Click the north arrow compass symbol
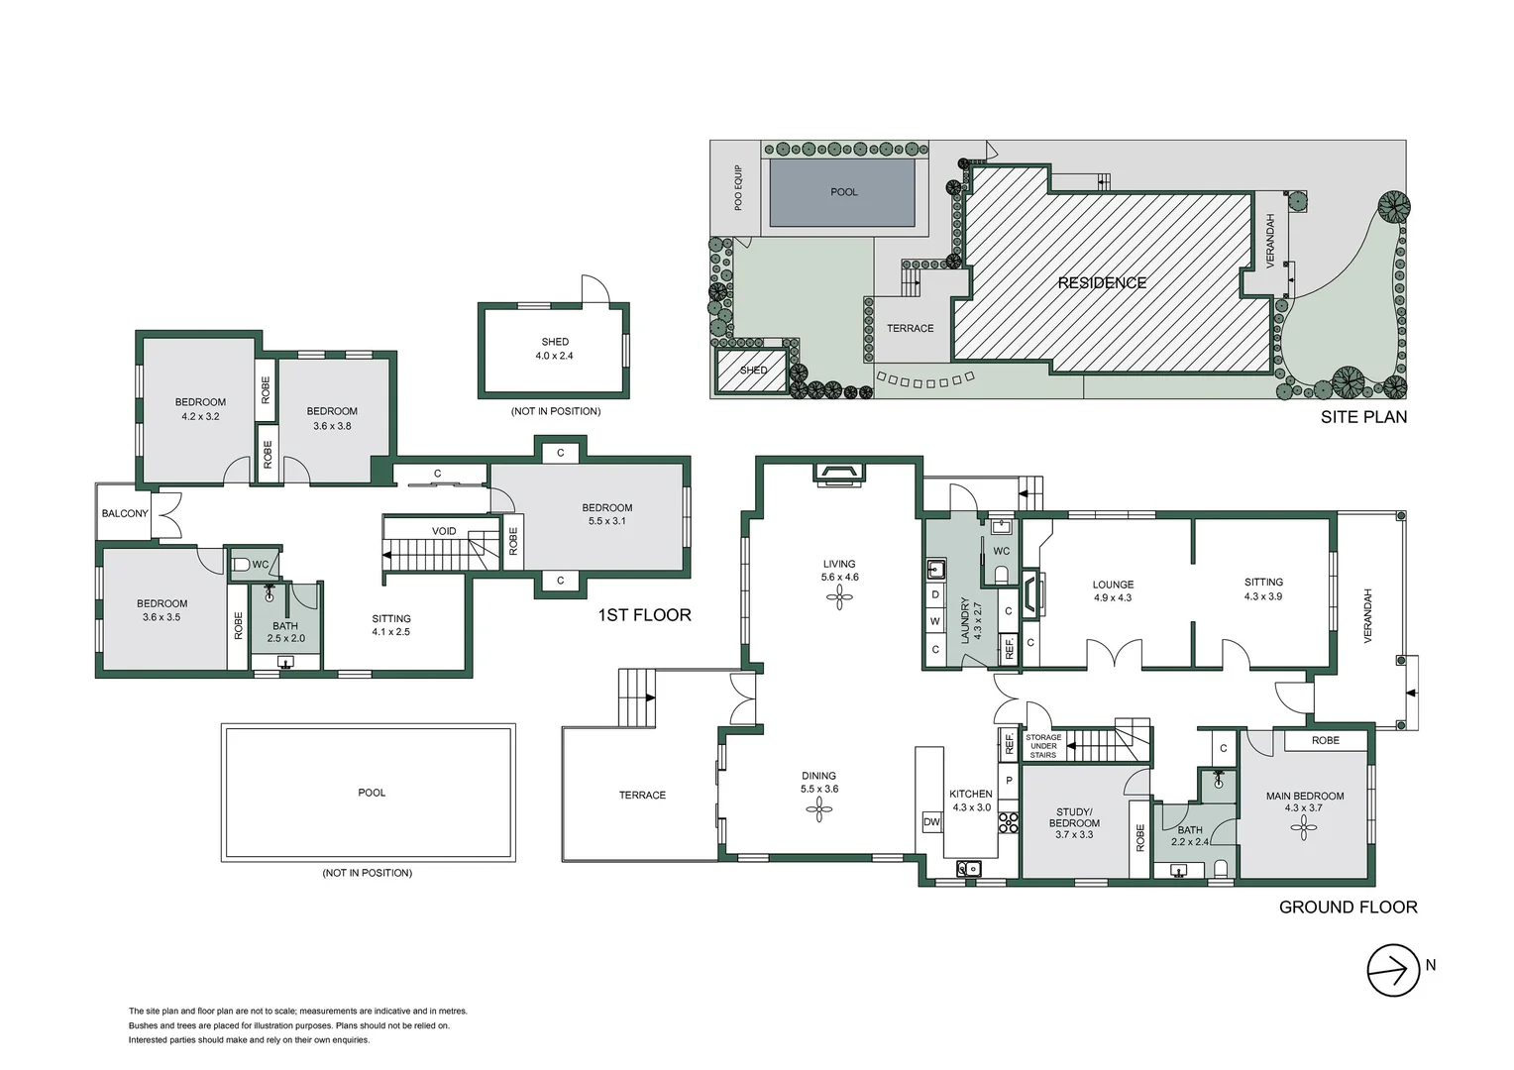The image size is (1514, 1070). [1393, 970]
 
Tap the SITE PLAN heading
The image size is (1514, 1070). [1363, 417]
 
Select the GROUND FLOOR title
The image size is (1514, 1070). [1348, 907]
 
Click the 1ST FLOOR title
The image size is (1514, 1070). [644, 615]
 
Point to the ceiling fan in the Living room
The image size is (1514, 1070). [839, 596]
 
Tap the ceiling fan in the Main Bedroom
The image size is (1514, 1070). [1303, 828]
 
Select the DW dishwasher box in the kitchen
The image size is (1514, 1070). [931, 821]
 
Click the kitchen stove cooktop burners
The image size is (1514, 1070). [1008, 821]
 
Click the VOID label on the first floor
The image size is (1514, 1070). [444, 531]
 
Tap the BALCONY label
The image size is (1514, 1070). [125, 513]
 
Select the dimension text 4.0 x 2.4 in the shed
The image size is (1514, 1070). [554, 356]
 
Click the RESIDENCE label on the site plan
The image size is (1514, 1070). [1102, 282]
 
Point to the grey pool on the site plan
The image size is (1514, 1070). [842, 192]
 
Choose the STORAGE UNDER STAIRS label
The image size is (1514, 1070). [1042, 746]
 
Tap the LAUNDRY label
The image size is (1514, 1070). [964, 620]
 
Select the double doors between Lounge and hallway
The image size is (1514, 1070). [1115, 654]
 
